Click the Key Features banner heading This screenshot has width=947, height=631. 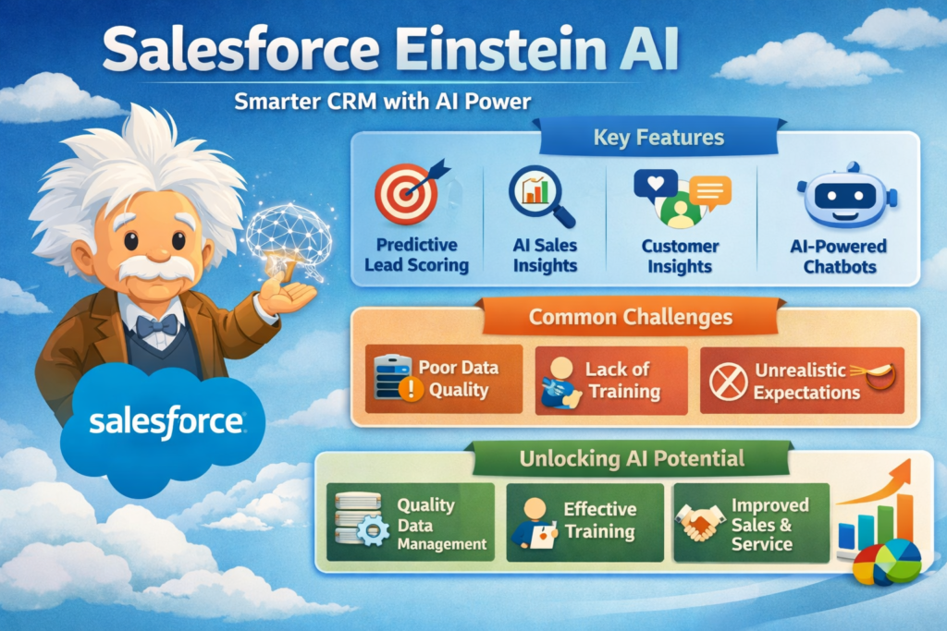(x=658, y=140)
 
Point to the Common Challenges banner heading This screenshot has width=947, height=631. (x=631, y=317)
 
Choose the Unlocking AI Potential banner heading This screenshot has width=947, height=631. (x=632, y=458)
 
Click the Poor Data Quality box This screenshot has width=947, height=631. (x=444, y=379)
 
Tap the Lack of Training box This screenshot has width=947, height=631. (x=611, y=380)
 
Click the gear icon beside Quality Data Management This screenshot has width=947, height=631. (x=372, y=534)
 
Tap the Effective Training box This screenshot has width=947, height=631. (x=584, y=522)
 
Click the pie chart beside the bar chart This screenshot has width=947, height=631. (x=887, y=563)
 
